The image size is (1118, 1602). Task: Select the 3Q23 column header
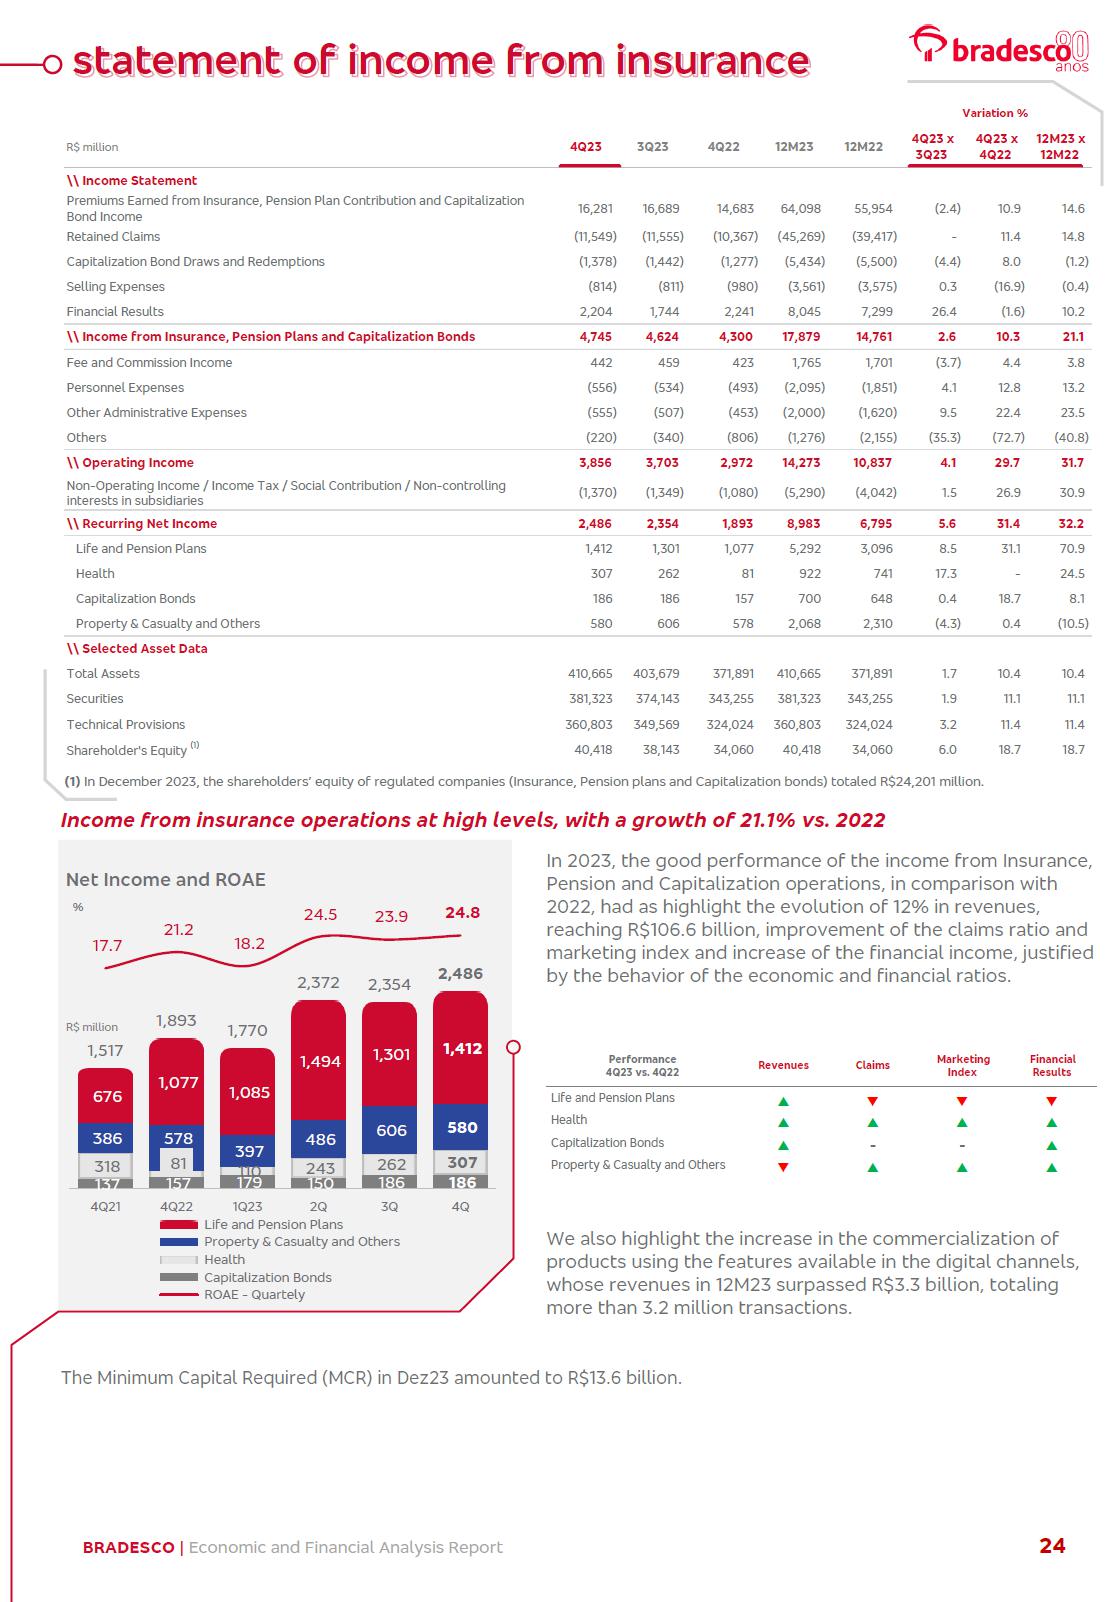[x=652, y=147]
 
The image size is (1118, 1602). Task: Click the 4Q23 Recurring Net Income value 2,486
[x=595, y=524]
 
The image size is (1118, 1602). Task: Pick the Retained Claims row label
[x=113, y=237]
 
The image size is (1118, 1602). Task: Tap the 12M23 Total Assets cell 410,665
[x=798, y=674]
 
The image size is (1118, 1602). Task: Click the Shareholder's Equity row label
[x=127, y=750]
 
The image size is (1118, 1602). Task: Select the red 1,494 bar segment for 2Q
[x=319, y=1062]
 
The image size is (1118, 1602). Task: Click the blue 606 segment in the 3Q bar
[x=390, y=1130]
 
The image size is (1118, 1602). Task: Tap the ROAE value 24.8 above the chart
[x=462, y=913]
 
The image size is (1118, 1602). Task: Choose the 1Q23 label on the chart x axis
[x=248, y=1207]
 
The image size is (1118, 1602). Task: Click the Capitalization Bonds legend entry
[x=267, y=1277]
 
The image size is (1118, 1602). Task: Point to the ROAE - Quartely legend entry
[x=254, y=1295]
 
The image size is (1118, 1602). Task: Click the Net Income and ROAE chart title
[x=166, y=880]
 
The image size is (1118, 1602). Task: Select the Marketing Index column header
[x=963, y=1065]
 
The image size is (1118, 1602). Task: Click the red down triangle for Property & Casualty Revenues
[x=783, y=1167]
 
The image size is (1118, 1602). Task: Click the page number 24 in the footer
[x=1052, y=1546]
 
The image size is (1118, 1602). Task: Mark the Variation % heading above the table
[x=994, y=114]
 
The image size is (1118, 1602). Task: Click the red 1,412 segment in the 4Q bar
[x=461, y=1049]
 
